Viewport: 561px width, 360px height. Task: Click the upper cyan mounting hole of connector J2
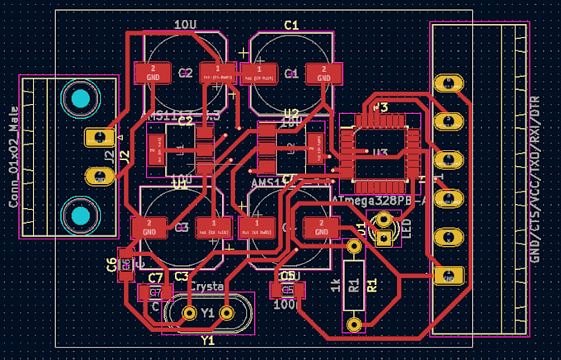(x=80, y=101)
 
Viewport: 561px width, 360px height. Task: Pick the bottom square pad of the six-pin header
(x=449, y=275)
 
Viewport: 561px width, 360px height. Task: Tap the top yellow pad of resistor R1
(x=354, y=246)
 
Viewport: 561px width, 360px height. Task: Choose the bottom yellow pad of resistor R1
(x=354, y=323)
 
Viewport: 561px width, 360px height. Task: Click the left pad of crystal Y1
(x=189, y=313)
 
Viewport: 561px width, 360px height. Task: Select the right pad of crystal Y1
(x=228, y=313)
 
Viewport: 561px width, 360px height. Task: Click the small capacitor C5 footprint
(x=287, y=290)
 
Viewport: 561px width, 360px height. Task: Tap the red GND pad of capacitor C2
(x=153, y=73)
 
